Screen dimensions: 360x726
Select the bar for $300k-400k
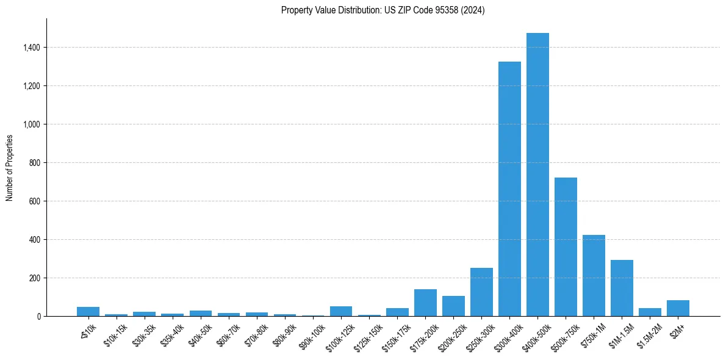(509, 189)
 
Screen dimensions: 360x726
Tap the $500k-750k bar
(566, 247)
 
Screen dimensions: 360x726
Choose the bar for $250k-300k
(481, 292)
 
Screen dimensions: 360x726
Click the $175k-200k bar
(425, 303)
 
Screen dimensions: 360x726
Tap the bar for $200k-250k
(453, 306)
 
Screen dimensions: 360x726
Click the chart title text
(383, 10)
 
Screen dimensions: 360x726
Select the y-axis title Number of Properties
(10, 168)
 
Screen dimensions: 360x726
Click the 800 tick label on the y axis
(35, 163)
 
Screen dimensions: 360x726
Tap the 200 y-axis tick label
(35, 278)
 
